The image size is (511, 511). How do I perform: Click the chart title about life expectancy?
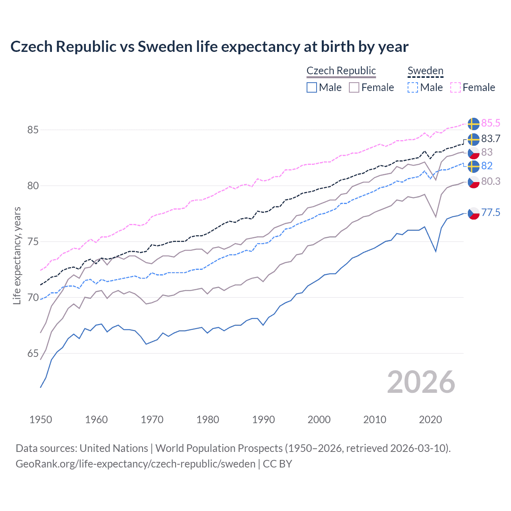(209, 47)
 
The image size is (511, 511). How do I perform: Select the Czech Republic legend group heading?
(341, 71)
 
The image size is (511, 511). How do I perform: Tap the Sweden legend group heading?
(425, 71)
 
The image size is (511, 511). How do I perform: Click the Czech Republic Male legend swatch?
(312, 87)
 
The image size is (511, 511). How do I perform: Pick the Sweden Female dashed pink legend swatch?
(456, 87)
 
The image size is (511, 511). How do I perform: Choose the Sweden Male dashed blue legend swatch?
(413, 87)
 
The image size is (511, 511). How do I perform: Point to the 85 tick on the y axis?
(33, 130)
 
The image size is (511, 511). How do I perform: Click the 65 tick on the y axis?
(33, 353)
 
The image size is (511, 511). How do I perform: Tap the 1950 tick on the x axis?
(41, 420)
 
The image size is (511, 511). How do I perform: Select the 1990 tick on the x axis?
(263, 420)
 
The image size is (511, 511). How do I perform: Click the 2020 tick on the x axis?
(430, 420)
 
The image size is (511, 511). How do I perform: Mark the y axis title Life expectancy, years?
(17, 255)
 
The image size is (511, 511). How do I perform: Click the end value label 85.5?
(491, 123)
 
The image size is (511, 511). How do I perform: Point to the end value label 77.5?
(491, 212)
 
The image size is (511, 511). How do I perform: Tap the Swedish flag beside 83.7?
(473, 140)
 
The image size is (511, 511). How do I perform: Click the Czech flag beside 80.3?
(473, 182)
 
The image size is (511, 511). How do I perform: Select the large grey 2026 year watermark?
(421, 382)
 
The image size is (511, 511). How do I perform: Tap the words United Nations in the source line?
(114, 448)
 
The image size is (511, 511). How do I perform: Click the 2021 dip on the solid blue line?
(436, 252)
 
